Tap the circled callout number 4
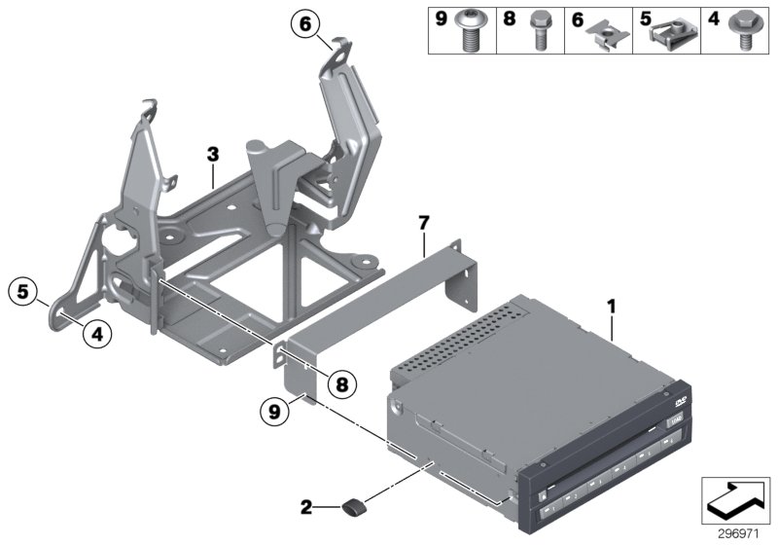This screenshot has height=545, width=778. [x=95, y=334]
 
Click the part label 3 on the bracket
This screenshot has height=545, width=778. [x=213, y=155]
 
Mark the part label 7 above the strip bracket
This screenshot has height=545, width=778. [x=423, y=225]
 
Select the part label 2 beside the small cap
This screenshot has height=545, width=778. [x=307, y=506]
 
